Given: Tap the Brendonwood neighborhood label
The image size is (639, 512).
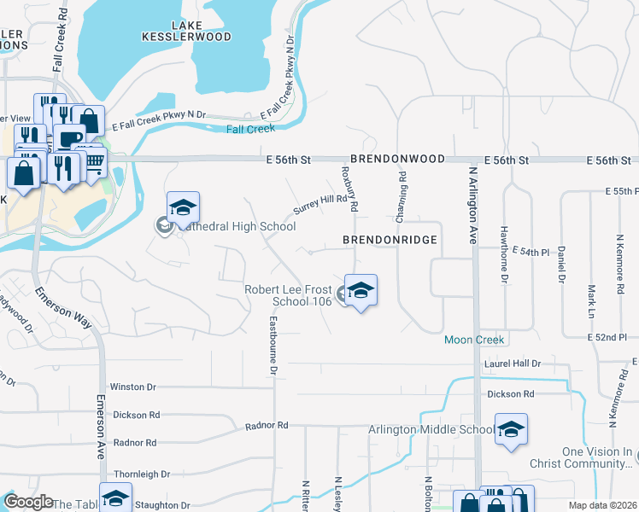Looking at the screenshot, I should [396, 160].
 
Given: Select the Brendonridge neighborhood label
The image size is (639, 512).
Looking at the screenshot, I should [390, 241].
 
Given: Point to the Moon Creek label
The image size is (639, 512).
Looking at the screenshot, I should [475, 340].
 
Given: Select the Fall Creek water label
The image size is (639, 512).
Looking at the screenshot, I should [251, 129].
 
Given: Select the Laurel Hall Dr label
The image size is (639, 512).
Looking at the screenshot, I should [513, 364].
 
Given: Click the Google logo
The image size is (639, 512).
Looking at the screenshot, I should [28, 502].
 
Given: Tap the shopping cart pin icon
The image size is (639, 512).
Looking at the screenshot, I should [93, 160].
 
